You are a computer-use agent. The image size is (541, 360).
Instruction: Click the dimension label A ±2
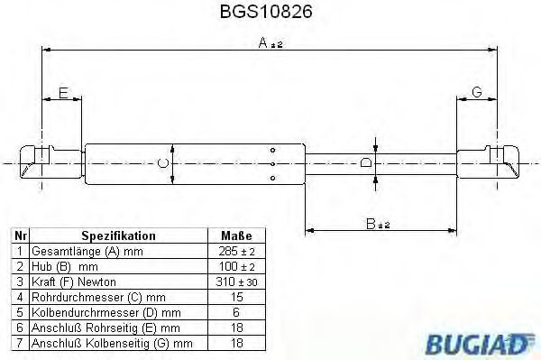point(267,43)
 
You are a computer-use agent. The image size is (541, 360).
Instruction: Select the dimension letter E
point(62,93)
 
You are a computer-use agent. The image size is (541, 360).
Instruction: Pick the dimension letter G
point(477,93)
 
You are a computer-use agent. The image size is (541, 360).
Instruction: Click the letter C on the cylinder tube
point(162,163)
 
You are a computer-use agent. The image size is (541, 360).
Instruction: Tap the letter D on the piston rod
point(365,163)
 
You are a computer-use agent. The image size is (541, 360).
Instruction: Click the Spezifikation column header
point(118,235)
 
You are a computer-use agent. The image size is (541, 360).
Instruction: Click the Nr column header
point(20,235)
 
